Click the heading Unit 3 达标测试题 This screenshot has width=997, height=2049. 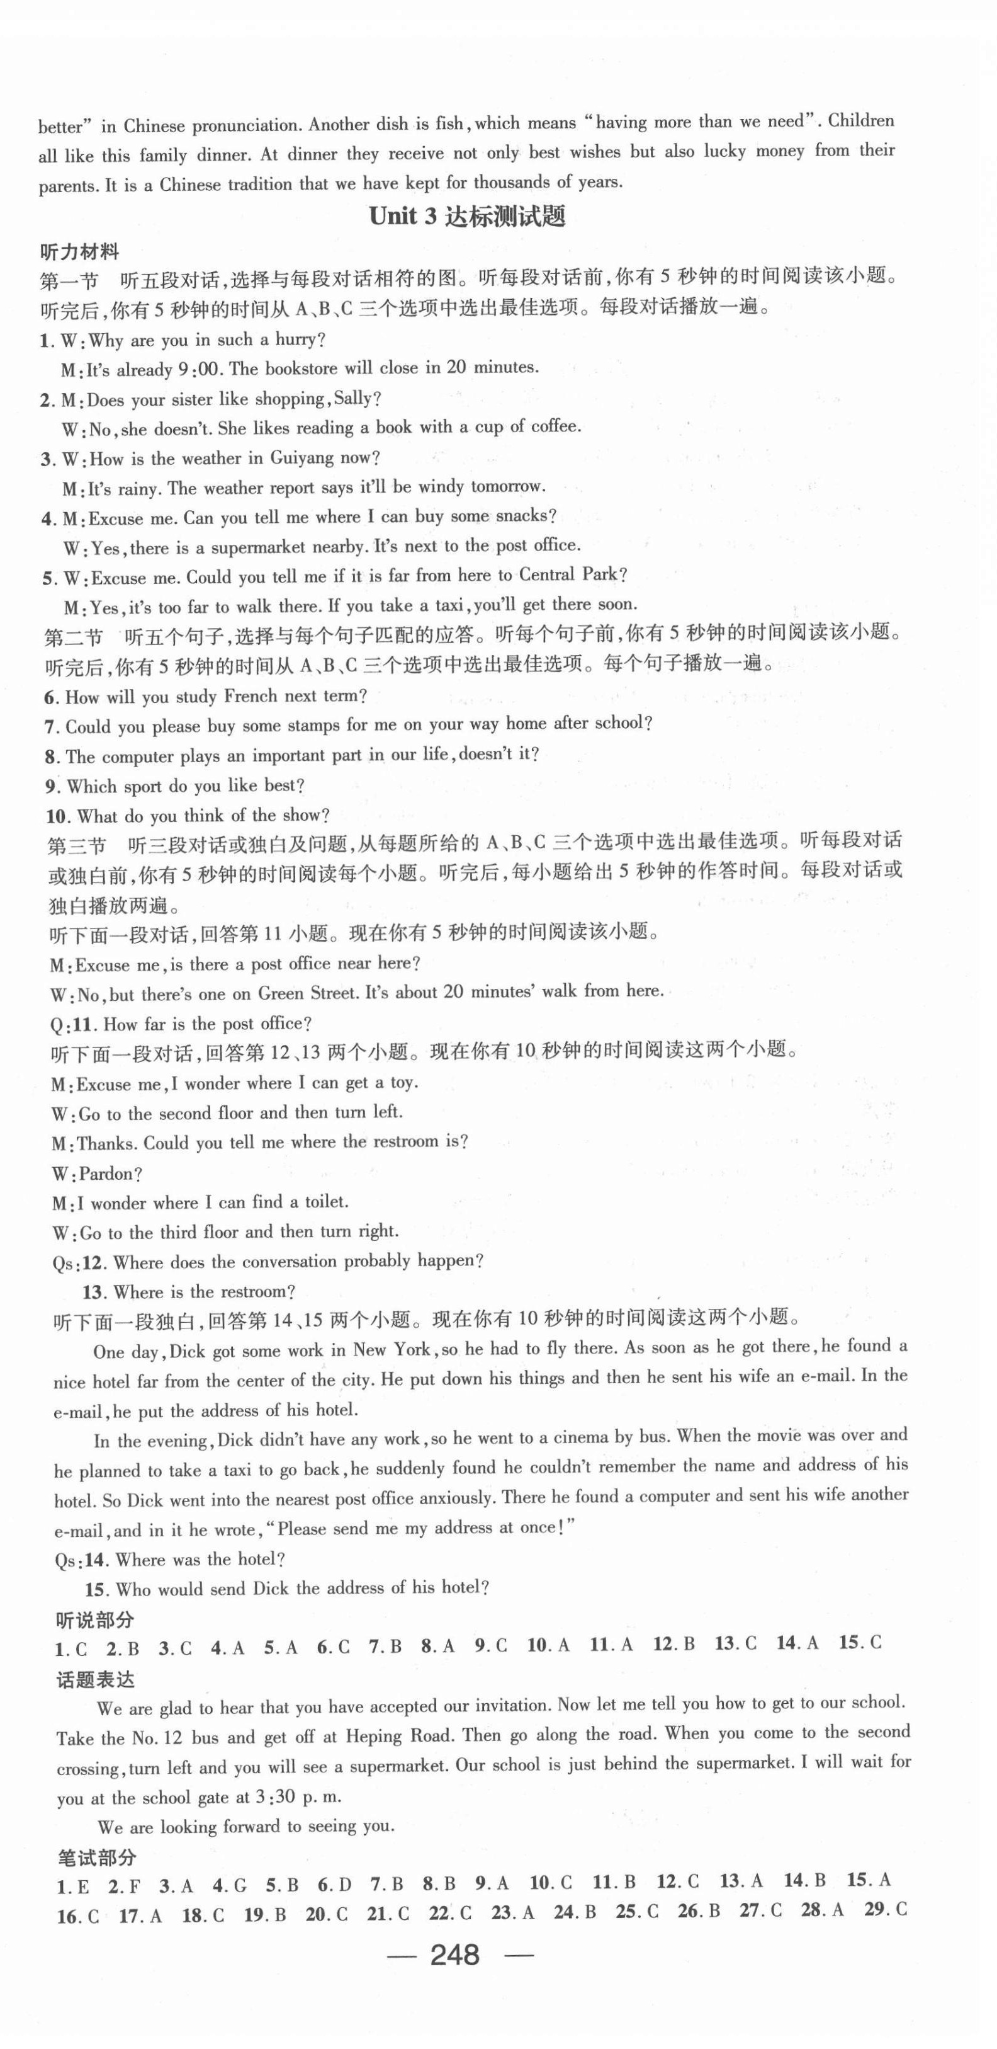coord(468,216)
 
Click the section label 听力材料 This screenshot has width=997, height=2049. coord(79,251)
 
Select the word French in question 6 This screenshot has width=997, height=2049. coord(251,697)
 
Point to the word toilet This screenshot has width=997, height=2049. coord(325,1202)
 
